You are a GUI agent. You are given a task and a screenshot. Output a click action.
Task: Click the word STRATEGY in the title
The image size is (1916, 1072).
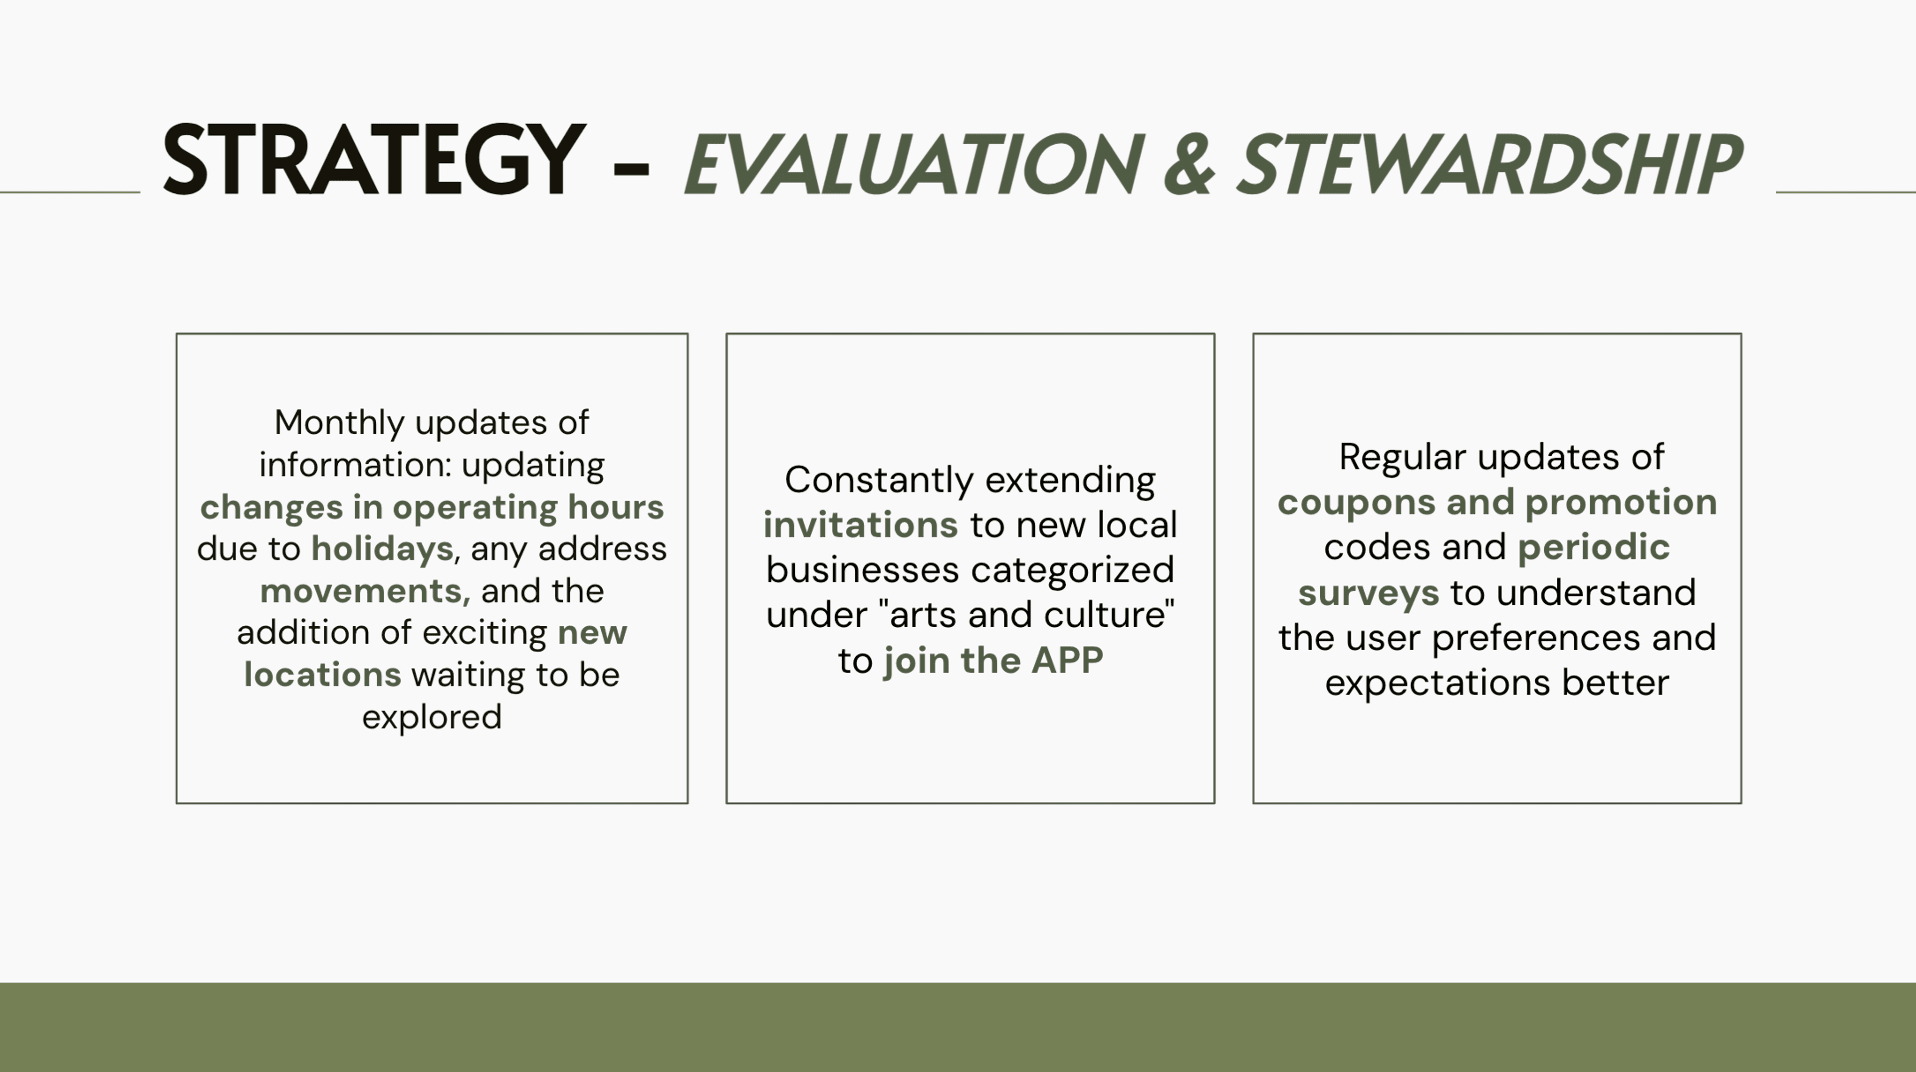[x=374, y=161]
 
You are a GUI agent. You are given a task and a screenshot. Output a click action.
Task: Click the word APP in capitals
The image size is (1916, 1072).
[x=1067, y=660]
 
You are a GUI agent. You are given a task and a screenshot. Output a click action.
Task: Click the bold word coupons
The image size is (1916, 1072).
[x=1357, y=503]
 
